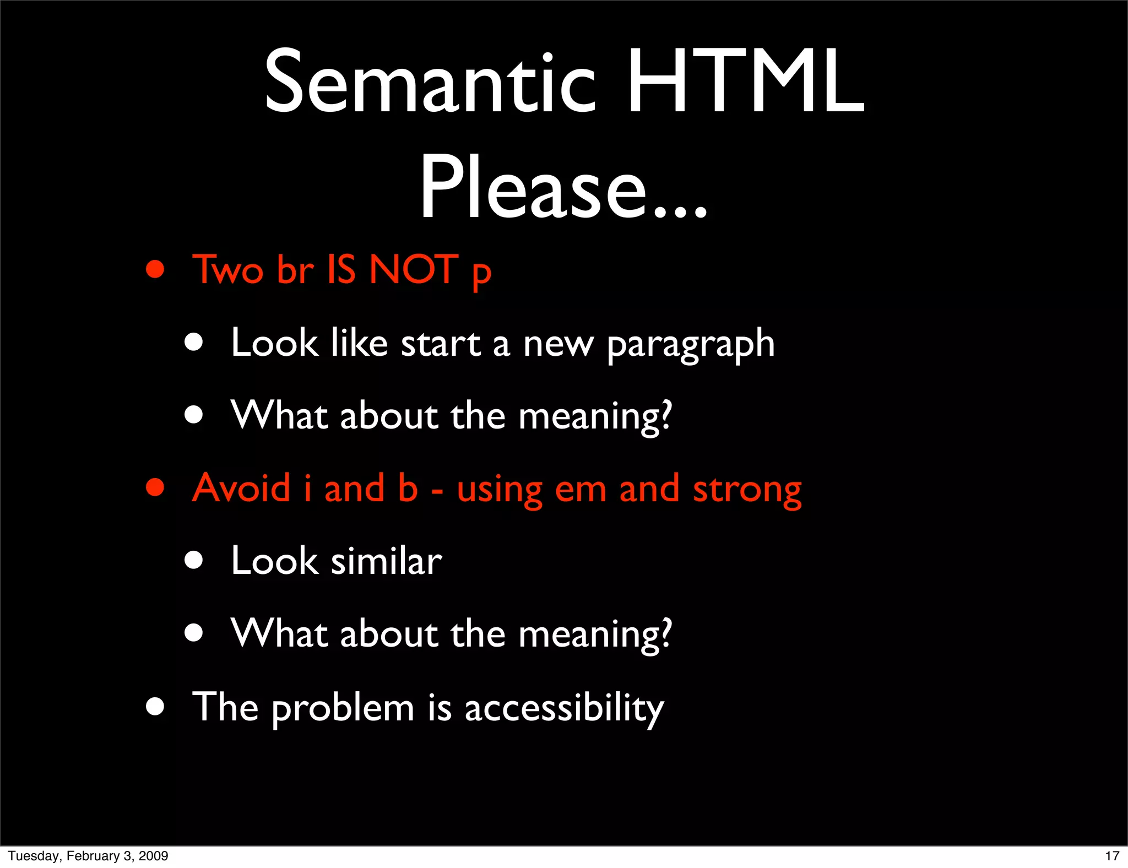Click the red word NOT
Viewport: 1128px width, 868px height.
coord(413,270)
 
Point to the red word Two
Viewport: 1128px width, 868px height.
coord(227,270)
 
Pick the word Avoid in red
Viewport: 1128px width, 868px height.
coord(241,488)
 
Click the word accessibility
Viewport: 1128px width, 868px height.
coord(564,708)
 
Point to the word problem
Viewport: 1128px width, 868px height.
coord(343,708)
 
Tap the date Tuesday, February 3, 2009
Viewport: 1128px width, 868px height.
coord(88,856)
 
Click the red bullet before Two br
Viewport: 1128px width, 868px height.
coord(155,270)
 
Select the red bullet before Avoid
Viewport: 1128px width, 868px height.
coord(155,487)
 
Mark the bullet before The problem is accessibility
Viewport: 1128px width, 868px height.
coord(155,706)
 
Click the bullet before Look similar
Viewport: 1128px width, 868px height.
coord(194,561)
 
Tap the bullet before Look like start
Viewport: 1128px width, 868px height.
coord(194,343)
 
